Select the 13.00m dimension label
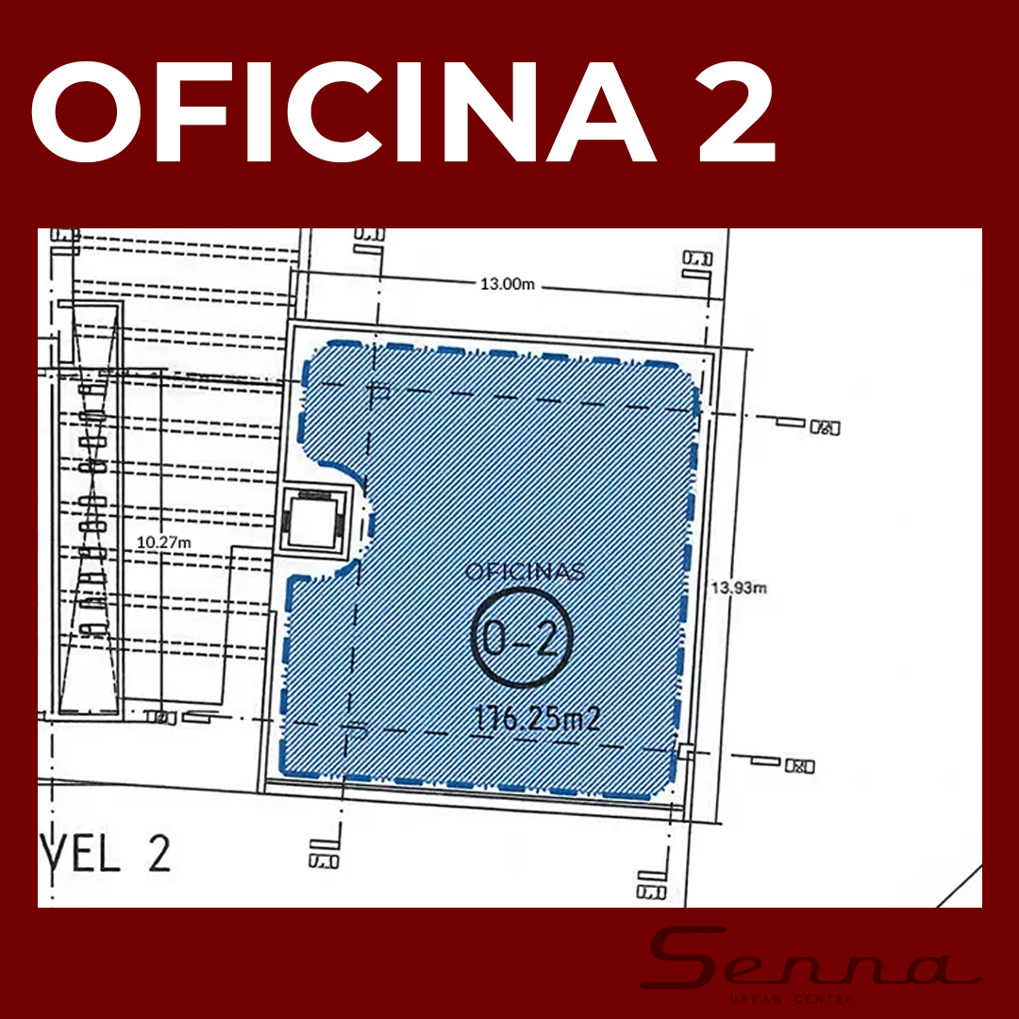pos(508,284)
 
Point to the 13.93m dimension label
pos(739,587)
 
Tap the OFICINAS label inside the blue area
pos(526,572)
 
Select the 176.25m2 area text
pos(540,720)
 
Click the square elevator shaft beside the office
pos(311,522)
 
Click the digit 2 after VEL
pos(158,854)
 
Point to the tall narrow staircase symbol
pos(91,509)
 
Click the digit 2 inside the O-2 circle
pos(547,639)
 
